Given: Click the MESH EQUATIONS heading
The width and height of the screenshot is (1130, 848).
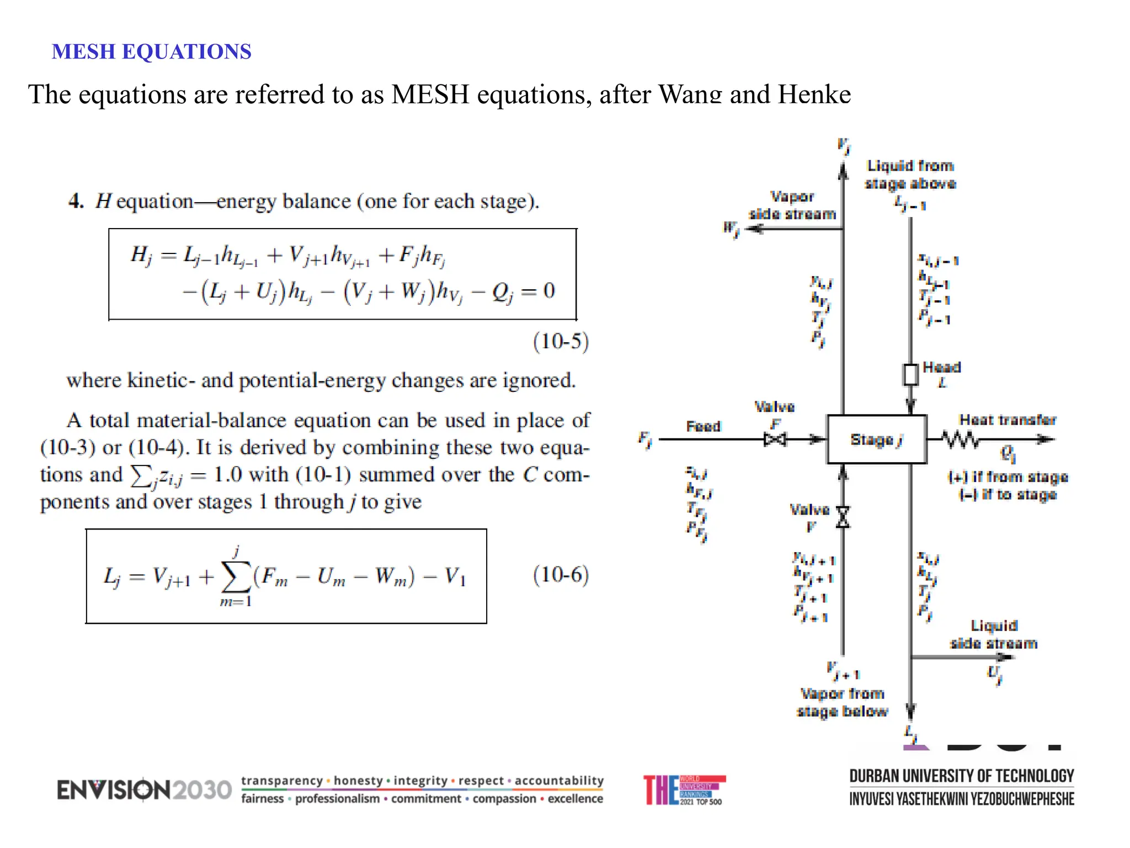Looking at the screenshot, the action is click(x=151, y=52).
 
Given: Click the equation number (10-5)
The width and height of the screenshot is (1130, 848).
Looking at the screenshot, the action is click(x=561, y=341).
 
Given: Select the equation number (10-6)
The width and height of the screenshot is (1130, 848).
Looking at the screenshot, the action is click(x=561, y=575).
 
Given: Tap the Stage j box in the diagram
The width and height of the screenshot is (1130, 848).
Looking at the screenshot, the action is click(x=876, y=439).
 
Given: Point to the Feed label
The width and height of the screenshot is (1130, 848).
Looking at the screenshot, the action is click(x=703, y=426).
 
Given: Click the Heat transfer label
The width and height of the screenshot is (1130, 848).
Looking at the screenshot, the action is click(x=1008, y=420).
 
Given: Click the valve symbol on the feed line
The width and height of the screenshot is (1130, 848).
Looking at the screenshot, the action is click(x=775, y=439).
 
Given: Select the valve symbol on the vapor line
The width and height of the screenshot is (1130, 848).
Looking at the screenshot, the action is click(x=843, y=517).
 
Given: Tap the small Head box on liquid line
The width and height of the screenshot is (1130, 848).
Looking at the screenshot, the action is click(x=910, y=375).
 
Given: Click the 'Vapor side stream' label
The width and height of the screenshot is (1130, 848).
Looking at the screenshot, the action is click(x=792, y=205).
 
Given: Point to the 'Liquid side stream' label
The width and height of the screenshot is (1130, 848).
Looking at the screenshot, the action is click(x=994, y=634).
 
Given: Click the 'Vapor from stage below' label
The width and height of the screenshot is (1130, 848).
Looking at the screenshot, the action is click(x=843, y=702).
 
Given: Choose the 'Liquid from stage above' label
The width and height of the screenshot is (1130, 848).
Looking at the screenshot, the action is click(x=910, y=174).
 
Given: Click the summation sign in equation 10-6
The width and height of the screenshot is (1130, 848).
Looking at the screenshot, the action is click(x=236, y=576).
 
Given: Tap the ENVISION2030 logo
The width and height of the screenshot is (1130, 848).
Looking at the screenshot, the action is click(x=144, y=789).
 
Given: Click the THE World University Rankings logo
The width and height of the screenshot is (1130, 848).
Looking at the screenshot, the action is click(x=684, y=790).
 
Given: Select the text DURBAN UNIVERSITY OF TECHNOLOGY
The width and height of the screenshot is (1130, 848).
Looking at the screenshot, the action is click(x=961, y=776).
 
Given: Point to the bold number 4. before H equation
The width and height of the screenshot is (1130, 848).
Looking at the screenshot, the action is click(x=76, y=201).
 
